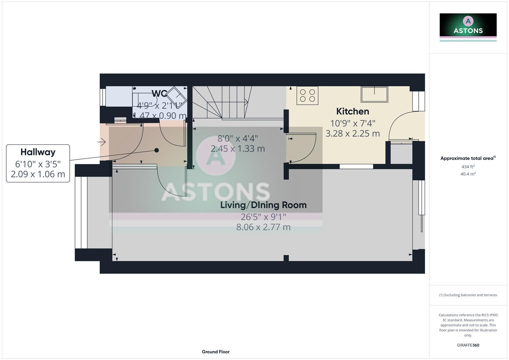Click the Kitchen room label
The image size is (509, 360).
click(352, 111)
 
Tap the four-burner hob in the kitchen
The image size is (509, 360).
click(307, 95)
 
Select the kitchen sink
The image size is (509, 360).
click(374, 94)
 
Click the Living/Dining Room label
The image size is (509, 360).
click(263, 205)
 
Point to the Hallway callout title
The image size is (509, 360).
click(38, 152)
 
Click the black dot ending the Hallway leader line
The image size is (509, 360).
click(157, 150)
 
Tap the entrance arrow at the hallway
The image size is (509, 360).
click(102, 142)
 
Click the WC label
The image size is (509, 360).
click(159, 93)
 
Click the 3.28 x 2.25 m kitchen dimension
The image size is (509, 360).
click(352, 134)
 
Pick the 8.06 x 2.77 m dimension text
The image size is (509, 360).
click(263, 227)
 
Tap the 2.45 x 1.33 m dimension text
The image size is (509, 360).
click(238, 149)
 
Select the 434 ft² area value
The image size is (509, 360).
click(468, 167)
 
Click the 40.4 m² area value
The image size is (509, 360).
click(468, 174)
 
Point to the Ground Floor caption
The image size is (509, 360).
click(216, 352)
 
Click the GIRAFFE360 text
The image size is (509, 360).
click(468, 345)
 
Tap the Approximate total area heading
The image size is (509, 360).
click(468, 158)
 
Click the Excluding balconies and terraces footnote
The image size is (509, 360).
click(468, 295)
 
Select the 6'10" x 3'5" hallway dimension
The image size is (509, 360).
click(38, 164)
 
